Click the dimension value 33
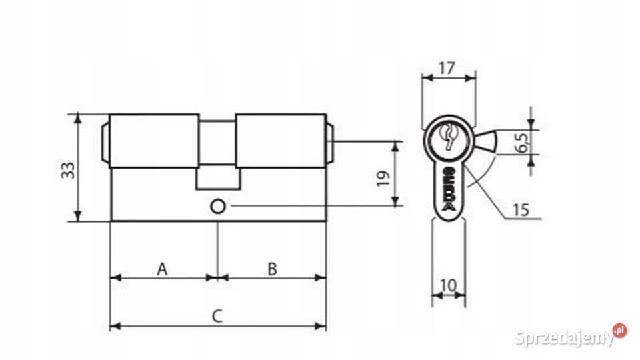(x=68, y=170)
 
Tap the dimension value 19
(x=383, y=179)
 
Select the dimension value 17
(x=447, y=68)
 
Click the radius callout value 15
(x=521, y=210)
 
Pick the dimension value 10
(x=449, y=285)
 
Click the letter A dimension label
(x=163, y=269)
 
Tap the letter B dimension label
(x=272, y=269)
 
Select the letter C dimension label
(x=217, y=316)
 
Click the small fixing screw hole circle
(x=217, y=207)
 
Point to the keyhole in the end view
(x=448, y=136)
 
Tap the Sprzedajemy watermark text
(x=564, y=337)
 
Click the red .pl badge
(x=619, y=330)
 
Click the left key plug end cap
(x=105, y=141)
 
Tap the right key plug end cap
(x=329, y=141)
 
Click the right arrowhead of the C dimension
(x=321, y=326)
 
